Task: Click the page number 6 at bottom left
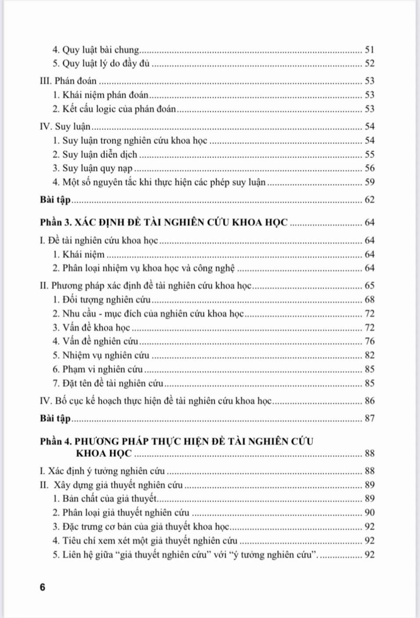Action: tap(43, 587)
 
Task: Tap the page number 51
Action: tap(369, 50)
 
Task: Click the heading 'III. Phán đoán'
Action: tap(68, 81)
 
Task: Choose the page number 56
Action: tap(369, 168)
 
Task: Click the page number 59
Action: tap(369, 182)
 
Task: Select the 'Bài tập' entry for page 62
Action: tap(55, 200)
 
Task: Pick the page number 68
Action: tap(369, 300)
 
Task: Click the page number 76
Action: tap(369, 341)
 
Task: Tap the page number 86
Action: tap(369, 401)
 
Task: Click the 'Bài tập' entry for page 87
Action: tap(55, 418)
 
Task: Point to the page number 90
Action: tap(369, 513)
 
